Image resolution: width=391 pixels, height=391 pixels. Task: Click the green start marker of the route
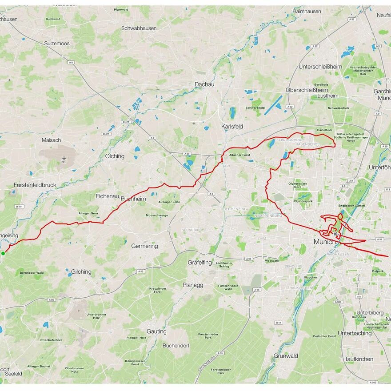3,253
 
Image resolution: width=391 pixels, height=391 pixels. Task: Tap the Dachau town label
204,84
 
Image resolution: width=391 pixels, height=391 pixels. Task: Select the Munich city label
325,242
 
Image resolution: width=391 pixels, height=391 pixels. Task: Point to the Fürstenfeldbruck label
35,184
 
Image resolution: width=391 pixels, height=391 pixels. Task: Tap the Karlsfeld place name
232,127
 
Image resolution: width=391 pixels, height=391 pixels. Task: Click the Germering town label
144,246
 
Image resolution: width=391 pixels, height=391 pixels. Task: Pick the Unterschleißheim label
320,67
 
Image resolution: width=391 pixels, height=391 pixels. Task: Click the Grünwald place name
286,356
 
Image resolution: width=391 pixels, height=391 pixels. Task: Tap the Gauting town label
156,331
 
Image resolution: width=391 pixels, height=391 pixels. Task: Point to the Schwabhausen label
139,28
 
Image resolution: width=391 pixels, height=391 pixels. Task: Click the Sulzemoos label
57,44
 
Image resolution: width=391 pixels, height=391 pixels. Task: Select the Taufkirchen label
359,359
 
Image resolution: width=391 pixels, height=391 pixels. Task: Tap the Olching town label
115,156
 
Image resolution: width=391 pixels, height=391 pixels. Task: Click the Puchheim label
133,199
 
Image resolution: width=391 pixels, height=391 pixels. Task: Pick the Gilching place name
81,271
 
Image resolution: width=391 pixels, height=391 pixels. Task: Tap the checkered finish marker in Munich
335,234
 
